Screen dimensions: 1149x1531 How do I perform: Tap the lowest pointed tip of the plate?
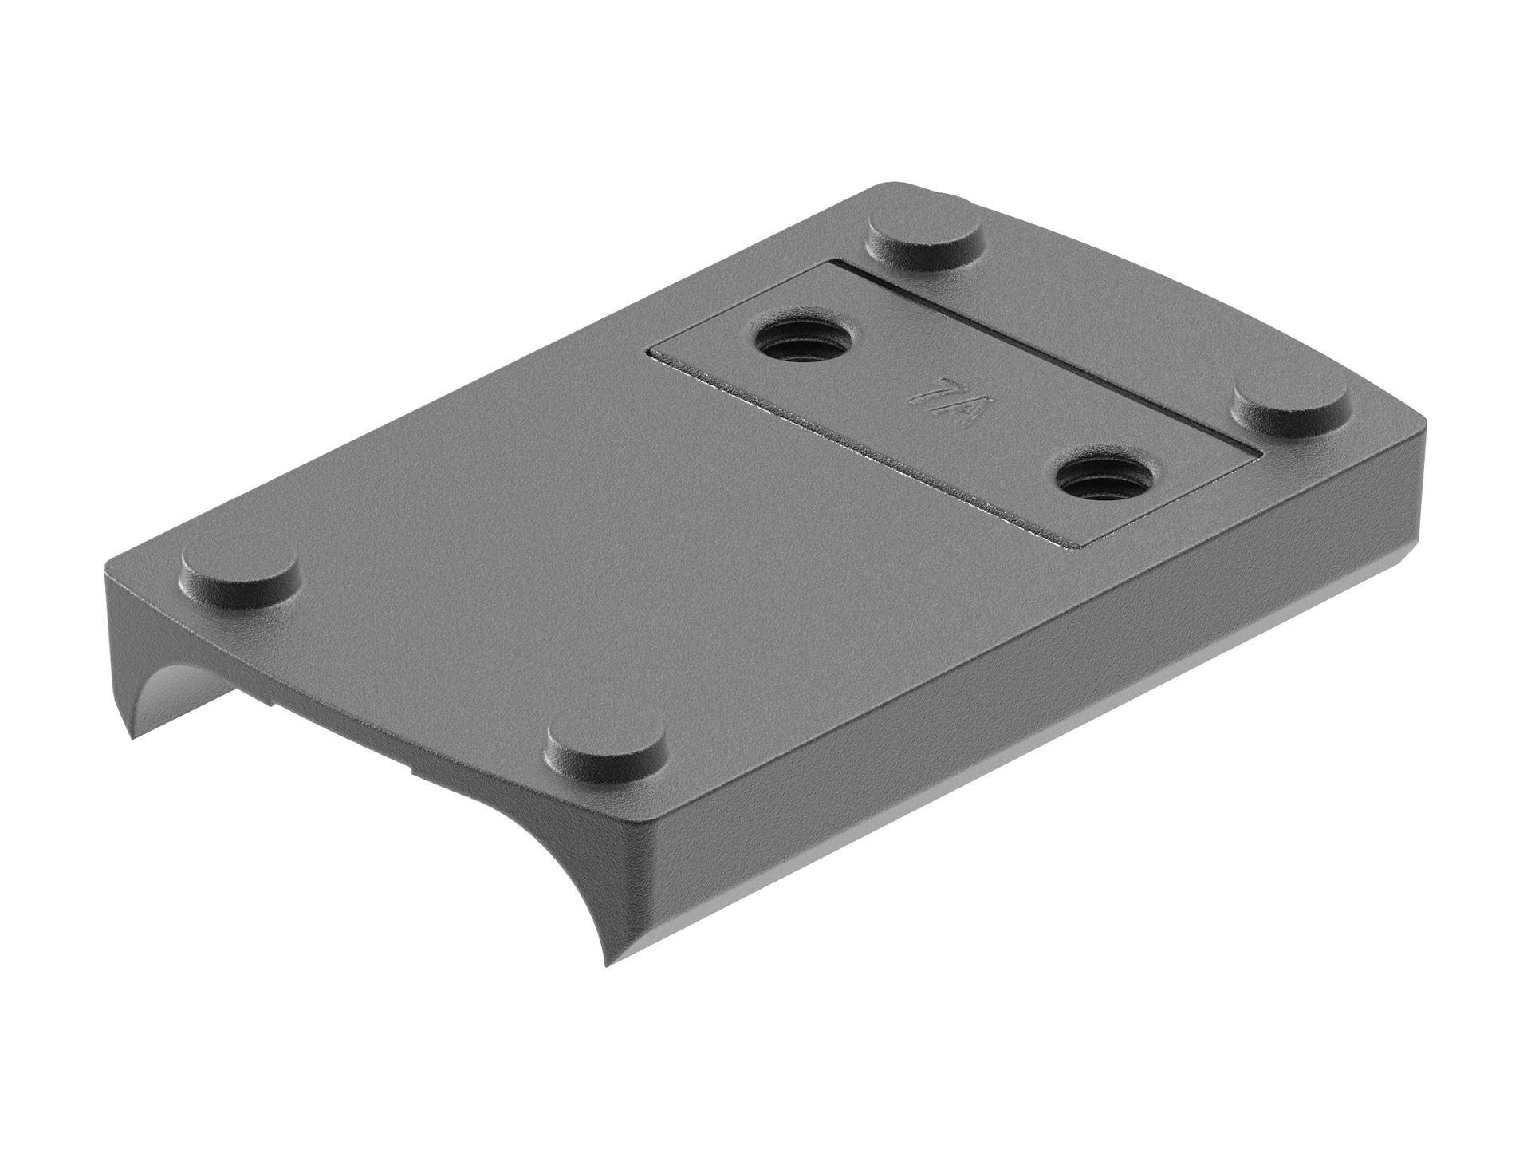608,965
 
